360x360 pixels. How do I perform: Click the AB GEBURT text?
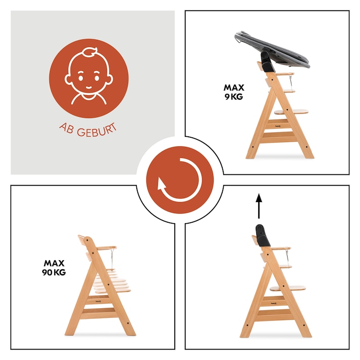click(88, 131)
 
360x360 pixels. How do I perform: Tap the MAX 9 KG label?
click(234, 92)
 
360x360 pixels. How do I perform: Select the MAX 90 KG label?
click(54, 267)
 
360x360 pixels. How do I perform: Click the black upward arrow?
click(259, 206)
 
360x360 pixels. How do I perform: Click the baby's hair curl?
click(90, 53)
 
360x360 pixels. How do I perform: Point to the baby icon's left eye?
click(81, 78)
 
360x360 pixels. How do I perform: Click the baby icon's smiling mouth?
click(89, 87)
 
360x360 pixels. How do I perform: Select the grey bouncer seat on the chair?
click(272, 49)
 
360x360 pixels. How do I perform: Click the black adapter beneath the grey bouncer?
click(266, 61)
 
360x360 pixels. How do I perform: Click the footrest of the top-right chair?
click(291, 112)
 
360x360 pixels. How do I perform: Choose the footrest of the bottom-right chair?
click(288, 288)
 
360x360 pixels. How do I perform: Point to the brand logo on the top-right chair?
click(278, 125)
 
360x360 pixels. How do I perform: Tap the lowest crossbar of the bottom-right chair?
click(275, 313)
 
